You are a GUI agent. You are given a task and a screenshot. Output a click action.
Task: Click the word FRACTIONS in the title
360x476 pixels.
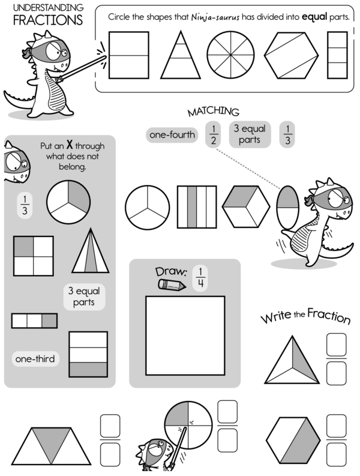click(47, 20)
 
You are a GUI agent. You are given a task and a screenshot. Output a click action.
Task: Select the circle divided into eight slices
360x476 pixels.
click(230, 55)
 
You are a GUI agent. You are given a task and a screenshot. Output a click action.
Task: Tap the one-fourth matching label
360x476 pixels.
click(172, 135)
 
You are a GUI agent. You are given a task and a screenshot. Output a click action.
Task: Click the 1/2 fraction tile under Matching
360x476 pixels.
click(214, 135)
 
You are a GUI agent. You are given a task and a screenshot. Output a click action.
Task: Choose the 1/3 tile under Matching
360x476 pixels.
click(287, 135)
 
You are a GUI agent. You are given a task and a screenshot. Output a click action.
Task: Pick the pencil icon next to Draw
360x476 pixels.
click(172, 285)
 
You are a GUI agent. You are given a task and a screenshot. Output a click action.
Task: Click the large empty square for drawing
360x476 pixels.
click(185, 336)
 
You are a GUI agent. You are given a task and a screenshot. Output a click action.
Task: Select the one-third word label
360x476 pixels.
click(35, 359)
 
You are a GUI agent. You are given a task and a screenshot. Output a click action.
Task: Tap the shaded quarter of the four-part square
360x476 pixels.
click(23, 246)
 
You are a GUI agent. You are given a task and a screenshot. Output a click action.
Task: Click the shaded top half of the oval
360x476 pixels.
click(287, 198)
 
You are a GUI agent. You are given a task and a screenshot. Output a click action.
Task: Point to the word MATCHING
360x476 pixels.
click(214, 112)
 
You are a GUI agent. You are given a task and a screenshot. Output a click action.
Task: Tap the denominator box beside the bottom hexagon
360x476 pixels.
click(337, 454)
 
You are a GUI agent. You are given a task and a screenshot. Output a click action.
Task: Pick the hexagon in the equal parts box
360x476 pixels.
click(291, 55)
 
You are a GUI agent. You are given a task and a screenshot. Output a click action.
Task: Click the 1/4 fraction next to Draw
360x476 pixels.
click(200, 278)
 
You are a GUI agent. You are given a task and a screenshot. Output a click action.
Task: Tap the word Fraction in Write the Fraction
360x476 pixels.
click(329, 316)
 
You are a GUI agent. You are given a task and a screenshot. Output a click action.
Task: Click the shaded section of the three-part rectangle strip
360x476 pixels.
click(49, 321)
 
